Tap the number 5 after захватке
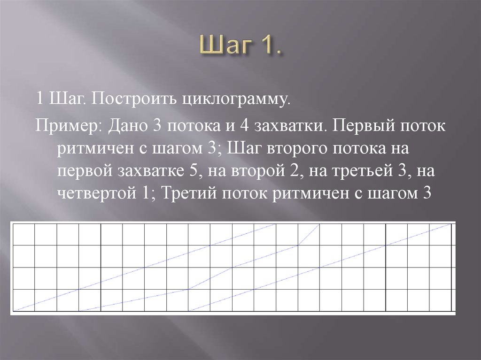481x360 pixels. [193, 171]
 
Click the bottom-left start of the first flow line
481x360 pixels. [14, 310]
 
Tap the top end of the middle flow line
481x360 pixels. [319, 225]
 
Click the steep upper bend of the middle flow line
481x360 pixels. [298, 245]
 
